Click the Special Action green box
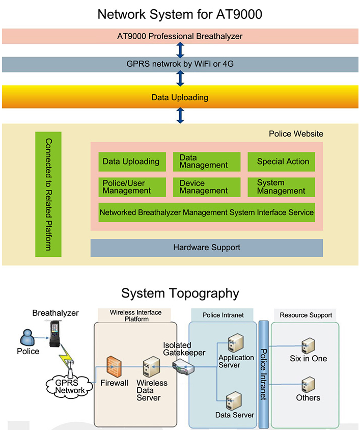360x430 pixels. click(x=281, y=162)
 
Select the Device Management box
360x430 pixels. click(x=207, y=187)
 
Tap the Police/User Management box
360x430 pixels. click(x=132, y=187)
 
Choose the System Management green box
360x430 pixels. click(x=281, y=187)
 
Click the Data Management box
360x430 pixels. click(x=207, y=162)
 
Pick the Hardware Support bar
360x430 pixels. click(x=207, y=248)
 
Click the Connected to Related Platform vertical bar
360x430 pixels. click(x=48, y=195)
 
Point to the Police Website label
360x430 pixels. click(x=296, y=134)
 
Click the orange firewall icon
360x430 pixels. click(x=114, y=366)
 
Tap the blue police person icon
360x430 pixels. click(x=27, y=337)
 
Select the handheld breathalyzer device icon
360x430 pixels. click(x=54, y=334)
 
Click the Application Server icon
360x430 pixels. click(x=236, y=343)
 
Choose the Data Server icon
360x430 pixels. click(x=234, y=400)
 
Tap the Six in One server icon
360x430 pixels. click(x=308, y=346)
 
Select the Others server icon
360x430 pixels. click(x=308, y=385)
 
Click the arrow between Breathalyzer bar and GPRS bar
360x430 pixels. click(x=180, y=50)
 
